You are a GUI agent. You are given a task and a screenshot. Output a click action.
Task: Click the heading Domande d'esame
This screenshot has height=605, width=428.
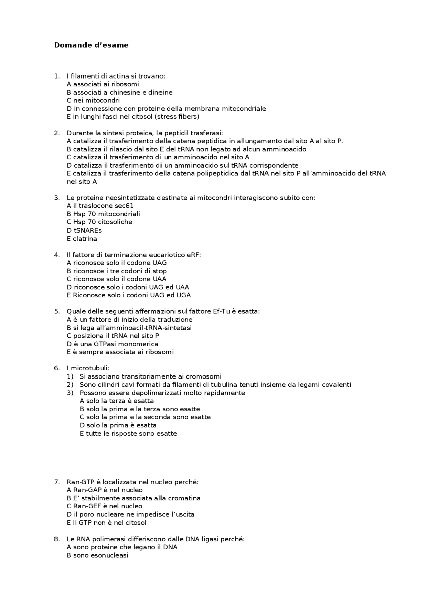(x=91, y=45)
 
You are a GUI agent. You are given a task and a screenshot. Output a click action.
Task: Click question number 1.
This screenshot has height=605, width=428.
(x=57, y=76)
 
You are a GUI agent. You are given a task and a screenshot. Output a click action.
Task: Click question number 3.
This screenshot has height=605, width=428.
(x=57, y=198)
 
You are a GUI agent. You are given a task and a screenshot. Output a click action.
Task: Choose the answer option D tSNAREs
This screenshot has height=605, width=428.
(x=84, y=230)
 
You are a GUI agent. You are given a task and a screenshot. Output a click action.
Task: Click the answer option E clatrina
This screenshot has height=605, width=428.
(x=82, y=239)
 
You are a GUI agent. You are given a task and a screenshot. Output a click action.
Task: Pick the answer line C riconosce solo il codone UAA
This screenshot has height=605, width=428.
(x=116, y=279)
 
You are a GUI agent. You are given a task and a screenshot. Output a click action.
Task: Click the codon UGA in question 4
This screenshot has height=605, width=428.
(x=184, y=295)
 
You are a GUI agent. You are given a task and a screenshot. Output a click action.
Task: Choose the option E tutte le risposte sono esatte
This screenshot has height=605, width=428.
(x=128, y=434)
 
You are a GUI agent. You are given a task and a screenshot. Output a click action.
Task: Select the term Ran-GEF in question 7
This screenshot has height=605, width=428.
(x=86, y=506)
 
